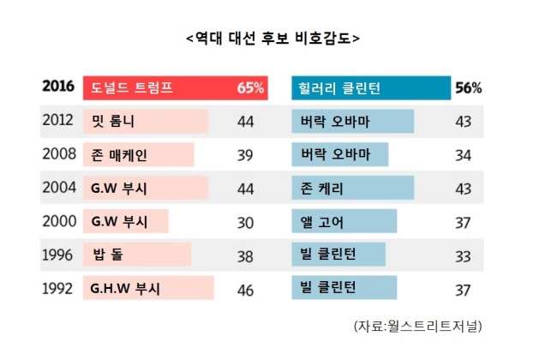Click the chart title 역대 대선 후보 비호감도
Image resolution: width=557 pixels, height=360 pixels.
click(x=273, y=38)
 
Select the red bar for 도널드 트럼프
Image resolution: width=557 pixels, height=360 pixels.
click(x=176, y=87)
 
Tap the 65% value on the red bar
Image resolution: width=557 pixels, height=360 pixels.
click(x=250, y=87)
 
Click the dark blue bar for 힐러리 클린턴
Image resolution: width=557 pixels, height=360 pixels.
click(x=371, y=87)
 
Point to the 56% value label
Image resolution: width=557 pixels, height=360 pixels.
click(x=469, y=87)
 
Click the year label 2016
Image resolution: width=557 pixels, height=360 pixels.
click(x=58, y=86)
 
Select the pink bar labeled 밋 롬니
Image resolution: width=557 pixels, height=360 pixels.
click(x=146, y=121)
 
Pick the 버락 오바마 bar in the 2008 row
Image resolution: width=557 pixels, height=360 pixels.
click(x=340, y=154)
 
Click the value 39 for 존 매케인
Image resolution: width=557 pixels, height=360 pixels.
click(x=245, y=155)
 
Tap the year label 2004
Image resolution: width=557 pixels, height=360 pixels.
click(x=59, y=187)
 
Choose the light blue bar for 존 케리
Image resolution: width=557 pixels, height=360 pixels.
click(x=353, y=188)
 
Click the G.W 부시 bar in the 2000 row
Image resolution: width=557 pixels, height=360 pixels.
click(x=126, y=221)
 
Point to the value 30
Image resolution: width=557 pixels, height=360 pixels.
click(x=245, y=223)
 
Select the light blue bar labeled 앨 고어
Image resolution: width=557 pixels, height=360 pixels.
click(x=344, y=221)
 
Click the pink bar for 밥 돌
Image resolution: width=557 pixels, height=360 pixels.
click(x=137, y=255)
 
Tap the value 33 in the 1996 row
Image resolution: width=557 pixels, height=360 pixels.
click(x=464, y=256)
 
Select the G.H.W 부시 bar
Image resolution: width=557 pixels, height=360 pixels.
click(x=148, y=287)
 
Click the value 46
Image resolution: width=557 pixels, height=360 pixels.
click(x=245, y=291)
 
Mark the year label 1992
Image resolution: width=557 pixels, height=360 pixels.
click(x=57, y=289)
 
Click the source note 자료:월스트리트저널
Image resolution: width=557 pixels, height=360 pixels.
click(x=418, y=326)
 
